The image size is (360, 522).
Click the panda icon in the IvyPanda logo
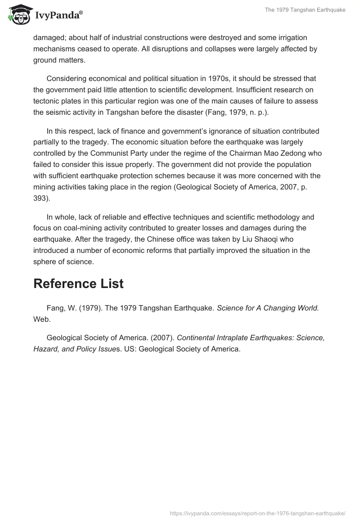click(18, 16)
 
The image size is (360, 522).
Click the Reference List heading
click(78, 284)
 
